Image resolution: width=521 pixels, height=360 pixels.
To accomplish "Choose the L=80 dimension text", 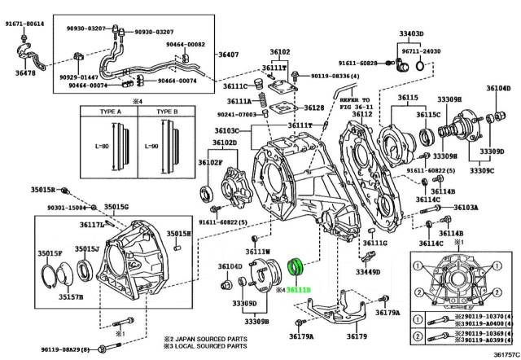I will click(102, 147).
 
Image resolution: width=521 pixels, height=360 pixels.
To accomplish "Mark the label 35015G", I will click(116, 207).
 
